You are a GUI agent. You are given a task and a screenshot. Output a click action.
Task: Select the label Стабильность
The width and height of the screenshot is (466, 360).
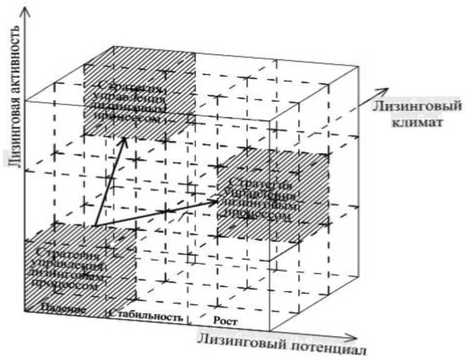[x=148, y=315]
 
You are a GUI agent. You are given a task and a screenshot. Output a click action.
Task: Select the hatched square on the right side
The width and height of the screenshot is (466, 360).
[x=273, y=194]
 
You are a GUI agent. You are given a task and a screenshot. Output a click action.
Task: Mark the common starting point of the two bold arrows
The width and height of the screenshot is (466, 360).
[x=94, y=226]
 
